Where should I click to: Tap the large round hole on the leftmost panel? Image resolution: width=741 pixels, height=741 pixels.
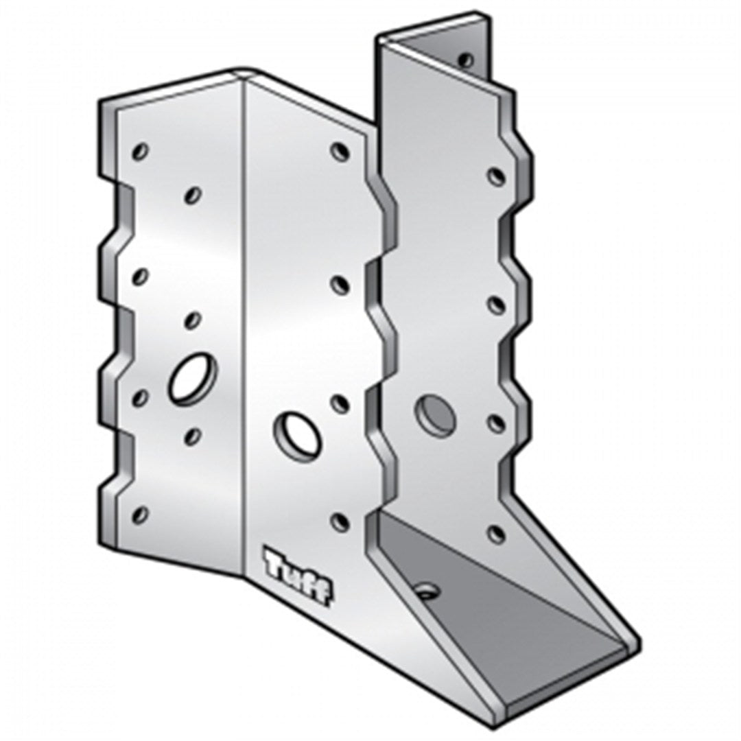pyautogui.click(x=193, y=377)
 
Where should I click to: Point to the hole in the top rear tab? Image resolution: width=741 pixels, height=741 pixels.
pyautogui.click(x=467, y=60)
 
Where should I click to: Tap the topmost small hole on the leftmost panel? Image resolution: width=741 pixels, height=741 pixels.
pyautogui.click(x=142, y=150)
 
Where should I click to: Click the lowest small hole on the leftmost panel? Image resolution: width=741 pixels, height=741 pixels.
pyautogui.click(x=141, y=513)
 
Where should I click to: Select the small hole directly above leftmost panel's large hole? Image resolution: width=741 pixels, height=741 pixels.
pyautogui.click(x=193, y=320)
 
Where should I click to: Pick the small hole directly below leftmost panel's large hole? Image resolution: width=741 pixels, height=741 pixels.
pyautogui.click(x=193, y=435)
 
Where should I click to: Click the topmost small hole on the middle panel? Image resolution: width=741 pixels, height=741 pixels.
pyautogui.click(x=338, y=151)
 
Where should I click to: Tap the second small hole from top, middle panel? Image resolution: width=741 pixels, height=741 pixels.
pyautogui.click(x=338, y=283)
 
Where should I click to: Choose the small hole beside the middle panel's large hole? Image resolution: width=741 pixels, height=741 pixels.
pyautogui.click(x=338, y=403)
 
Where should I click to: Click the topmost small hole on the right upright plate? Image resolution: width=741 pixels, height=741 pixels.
pyautogui.click(x=496, y=176)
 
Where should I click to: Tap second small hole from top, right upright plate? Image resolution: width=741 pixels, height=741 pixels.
pyautogui.click(x=496, y=303)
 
